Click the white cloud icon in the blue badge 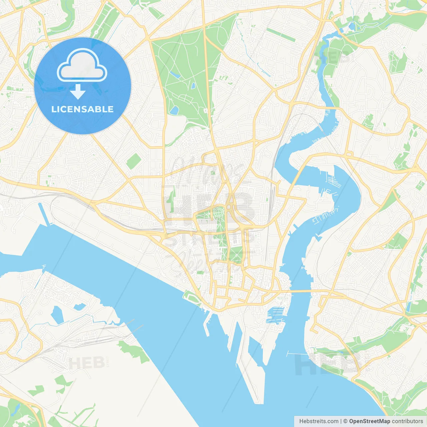(82, 65)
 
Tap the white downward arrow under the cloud (78, 92)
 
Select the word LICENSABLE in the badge (82, 109)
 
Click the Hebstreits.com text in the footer (319, 421)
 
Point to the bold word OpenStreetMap (369, 421)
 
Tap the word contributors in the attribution (407, 421)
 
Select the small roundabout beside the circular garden (230, 207)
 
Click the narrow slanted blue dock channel (43, 213)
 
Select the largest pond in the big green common (174, 110)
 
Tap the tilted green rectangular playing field (134, 161)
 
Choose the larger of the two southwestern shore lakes (57, 314)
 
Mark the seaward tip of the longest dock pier (259, 402)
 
